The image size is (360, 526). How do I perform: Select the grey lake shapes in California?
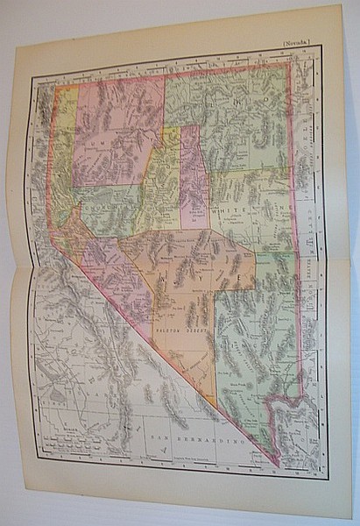click(57, 394)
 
